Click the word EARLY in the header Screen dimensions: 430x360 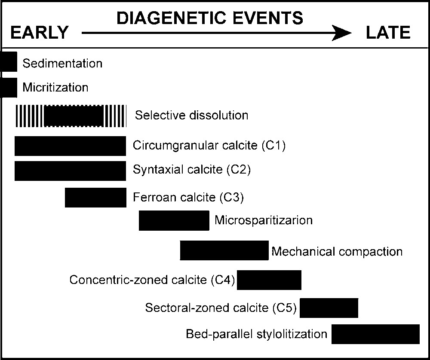tap(40, 33)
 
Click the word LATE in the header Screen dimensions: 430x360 tap(388, 33)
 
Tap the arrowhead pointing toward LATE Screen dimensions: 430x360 tap(341, 33)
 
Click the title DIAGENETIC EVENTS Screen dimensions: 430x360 tap(210, 18)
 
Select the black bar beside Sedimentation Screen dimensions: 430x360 tap(9, 61)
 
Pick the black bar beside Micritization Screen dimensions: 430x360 tap(9, 88)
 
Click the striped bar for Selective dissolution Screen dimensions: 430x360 tap(71, 116)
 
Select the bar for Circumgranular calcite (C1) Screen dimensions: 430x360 tap(70, 146)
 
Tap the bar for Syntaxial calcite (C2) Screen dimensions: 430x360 tap(70, 171)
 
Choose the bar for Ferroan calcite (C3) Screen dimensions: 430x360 tap(96, 198)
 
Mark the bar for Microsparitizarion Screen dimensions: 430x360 tap(174, 220)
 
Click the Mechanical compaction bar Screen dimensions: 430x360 tap(224, 250)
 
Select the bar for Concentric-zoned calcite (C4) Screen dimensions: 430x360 tap(269, 280)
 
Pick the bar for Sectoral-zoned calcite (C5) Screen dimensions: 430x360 tap(329, 308)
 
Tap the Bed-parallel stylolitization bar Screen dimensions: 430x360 tap(375, 334)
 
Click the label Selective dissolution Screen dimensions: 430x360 tap(191, 115)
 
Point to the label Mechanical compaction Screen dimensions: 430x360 tap(337, 251)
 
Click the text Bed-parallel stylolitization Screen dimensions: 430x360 tap(257, 334)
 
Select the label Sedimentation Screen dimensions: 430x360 tap(62, 63)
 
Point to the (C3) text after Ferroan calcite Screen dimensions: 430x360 tap(232, 197)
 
